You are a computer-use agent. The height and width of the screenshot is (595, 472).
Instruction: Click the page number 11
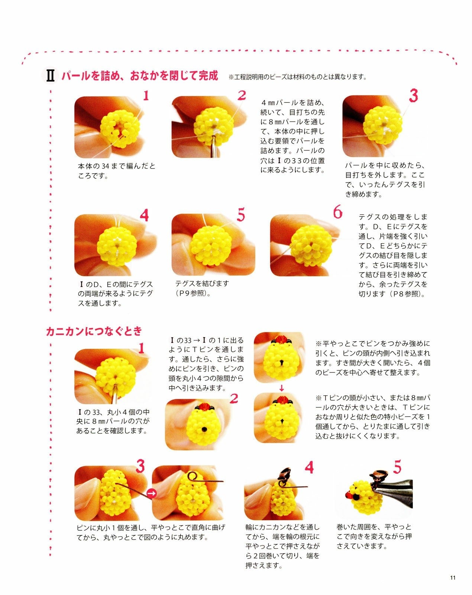pyautogui.click(x=452, y=578)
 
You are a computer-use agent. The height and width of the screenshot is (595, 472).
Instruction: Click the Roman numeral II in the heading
pyautogui.click(x=50, y=75)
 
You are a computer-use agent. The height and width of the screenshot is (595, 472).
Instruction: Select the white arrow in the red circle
pyautogui.click(x=151, y=493)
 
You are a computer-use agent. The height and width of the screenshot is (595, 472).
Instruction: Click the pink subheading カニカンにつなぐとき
pyautogui.click(x=94, y=331)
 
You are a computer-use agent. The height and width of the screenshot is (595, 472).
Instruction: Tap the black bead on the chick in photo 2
pyautogui.click(x=204, y=430)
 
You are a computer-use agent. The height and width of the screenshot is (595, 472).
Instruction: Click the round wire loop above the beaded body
pyautogui.click(x=193, y=476)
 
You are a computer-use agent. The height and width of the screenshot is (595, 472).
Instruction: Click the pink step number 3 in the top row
pyautogui.click(x=413, y=96)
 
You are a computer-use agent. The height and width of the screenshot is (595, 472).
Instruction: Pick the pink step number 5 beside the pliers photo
pyautogui.click(x=397, y=467)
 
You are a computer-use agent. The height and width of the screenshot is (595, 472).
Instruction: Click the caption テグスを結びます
pyautogui.click(x=202, y=283)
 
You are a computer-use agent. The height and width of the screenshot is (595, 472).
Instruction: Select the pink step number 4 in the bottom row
pyautogui.click(x=309, y=467)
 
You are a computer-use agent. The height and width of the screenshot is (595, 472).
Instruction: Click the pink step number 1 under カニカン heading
pyautogui.click(x=141, y=348)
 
